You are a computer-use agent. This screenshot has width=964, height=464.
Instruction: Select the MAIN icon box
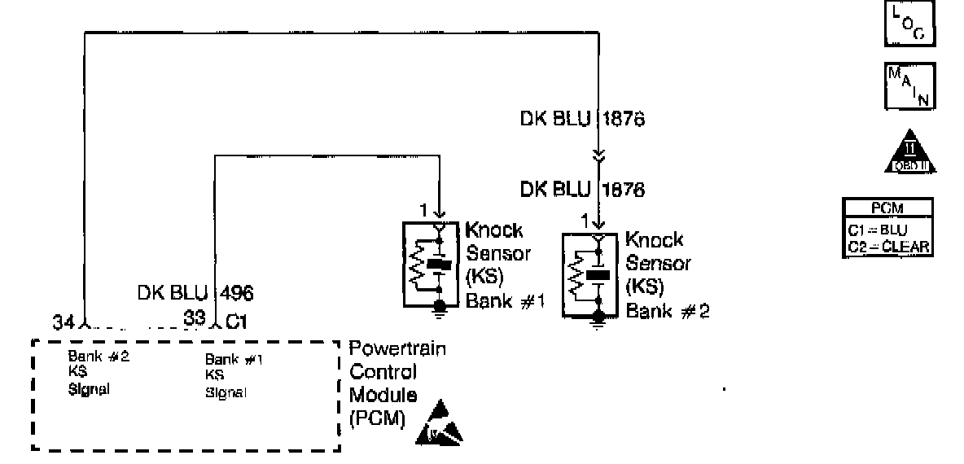(909, 85)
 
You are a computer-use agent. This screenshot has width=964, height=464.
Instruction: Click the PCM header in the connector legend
(887, 208)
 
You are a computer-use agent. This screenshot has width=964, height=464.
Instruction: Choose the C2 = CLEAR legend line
(887, 246)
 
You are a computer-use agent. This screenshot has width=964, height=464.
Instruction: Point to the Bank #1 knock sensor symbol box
(432, 265)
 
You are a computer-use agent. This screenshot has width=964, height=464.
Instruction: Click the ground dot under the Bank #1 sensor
(440, 305)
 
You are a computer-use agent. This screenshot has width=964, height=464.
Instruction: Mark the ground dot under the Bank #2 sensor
(599, 314)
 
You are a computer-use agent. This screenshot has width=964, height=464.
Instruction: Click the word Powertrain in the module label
(397, 349)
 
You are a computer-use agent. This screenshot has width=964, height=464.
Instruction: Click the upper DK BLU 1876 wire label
(581, 119)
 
